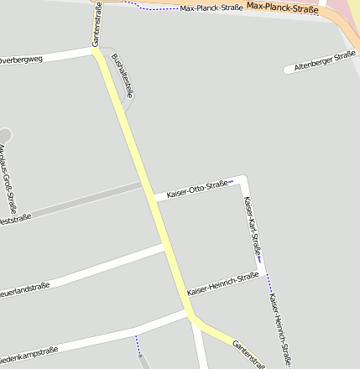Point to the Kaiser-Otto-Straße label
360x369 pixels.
pos(198,189)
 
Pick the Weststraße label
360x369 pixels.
pos(14,219)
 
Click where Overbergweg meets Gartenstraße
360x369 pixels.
pos(95,50)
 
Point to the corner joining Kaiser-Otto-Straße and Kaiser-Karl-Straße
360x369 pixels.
pos(244,178)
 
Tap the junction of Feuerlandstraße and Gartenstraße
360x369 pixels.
pos(167,247)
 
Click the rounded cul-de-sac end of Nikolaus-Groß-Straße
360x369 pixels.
pos(4,134)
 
